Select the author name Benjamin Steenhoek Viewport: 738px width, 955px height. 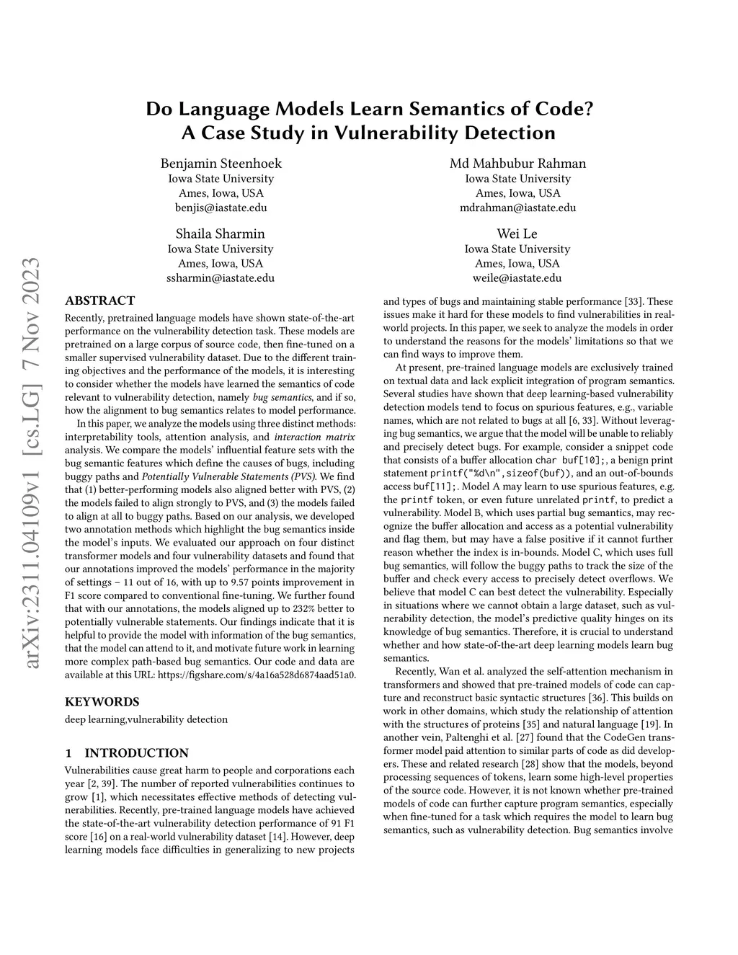click(x=221, y=163)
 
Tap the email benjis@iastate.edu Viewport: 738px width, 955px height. click(x=221, y=208)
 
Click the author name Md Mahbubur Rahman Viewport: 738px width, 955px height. click(x=517, y=163)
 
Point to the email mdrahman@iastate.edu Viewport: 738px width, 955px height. click(x=517, y=208)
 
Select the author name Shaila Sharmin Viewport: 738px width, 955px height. click(x=221, y=234)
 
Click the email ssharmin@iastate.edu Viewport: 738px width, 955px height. click(x=221, y=277)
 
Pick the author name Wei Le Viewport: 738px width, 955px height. click(x=517, y=234)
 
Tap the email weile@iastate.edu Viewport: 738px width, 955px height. click(x=517, y=277)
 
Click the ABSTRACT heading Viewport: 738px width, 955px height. click(x=99, y=301)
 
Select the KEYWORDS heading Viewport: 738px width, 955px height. click(x=102, y=701)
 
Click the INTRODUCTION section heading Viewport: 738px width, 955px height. click(x=136, y=753)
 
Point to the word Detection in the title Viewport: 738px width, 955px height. click(x=503, y=133)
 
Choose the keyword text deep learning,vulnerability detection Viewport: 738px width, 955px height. click(x=146, y=719)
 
